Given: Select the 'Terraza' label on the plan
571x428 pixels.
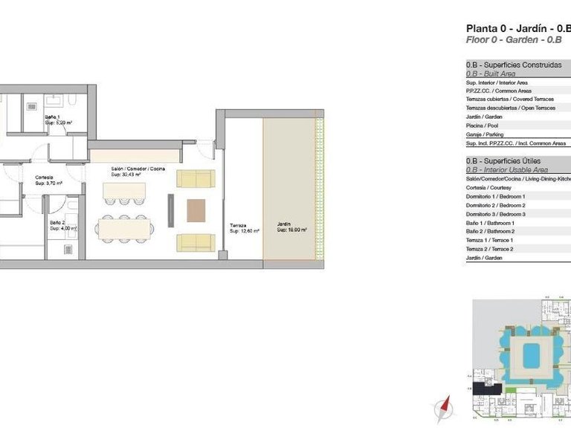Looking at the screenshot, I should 238,226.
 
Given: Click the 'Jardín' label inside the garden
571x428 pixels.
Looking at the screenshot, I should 284,224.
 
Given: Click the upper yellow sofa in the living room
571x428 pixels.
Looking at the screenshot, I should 196,179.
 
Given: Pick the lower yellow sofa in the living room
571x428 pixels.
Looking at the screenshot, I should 196,242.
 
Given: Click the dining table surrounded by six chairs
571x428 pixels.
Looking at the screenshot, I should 126,228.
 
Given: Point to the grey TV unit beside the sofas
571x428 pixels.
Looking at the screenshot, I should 170,211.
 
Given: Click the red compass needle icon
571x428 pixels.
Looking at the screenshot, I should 445,407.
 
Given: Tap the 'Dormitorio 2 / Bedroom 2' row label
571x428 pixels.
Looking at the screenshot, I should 495,205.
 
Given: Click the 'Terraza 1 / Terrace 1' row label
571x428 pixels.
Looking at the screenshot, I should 489,240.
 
